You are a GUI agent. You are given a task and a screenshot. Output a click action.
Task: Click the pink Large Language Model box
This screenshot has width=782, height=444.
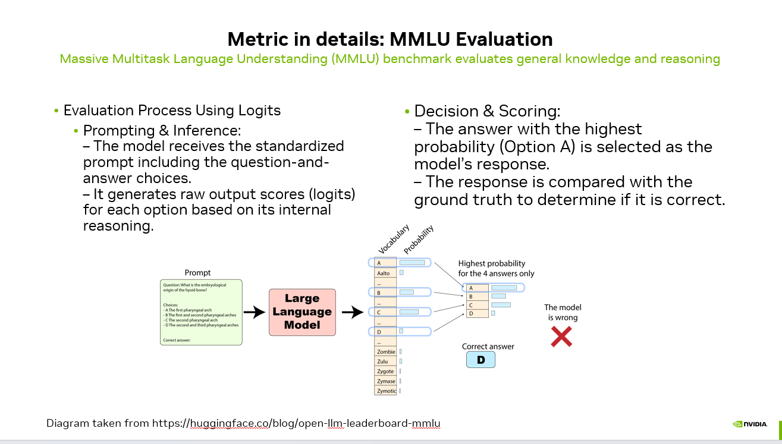[x=302, y=312]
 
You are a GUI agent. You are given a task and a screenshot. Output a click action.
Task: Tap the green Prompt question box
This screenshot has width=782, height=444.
[x=201, y=312]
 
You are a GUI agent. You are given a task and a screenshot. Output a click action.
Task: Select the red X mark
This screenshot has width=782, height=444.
[x=561, y=336]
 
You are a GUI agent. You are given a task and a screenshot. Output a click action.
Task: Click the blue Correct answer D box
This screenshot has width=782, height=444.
[x=480, y=360]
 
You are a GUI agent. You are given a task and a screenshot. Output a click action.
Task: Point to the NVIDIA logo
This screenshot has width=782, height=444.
[x=749, y=424]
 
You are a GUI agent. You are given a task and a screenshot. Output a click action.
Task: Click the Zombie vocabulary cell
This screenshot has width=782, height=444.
[x=386, y=352]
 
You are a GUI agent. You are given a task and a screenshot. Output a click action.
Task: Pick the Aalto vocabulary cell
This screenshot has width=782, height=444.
[x=384, y=273]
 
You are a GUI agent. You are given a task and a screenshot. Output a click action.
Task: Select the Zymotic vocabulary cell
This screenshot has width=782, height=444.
[x=386, y=391]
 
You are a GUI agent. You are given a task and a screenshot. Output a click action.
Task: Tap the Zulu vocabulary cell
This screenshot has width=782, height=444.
[x=384, y=361]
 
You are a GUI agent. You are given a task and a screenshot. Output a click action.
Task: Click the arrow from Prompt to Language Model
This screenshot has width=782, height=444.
[x=255, y=312]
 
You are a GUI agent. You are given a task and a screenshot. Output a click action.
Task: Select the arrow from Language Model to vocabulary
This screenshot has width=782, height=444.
[x=352, y=312]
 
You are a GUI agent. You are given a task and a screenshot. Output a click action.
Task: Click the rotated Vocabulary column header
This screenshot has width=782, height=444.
[x=394, y=240]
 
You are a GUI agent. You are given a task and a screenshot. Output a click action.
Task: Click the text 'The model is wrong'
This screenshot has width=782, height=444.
[x=563, y=312]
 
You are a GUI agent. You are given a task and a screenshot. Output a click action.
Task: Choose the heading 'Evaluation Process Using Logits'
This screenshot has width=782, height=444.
[x=172, y=111]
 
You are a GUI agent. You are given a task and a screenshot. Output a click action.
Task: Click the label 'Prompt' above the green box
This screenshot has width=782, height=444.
[x=197, y=272]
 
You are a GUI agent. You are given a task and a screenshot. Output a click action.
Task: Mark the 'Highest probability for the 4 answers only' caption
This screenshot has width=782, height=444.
[x=496, y=268]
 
